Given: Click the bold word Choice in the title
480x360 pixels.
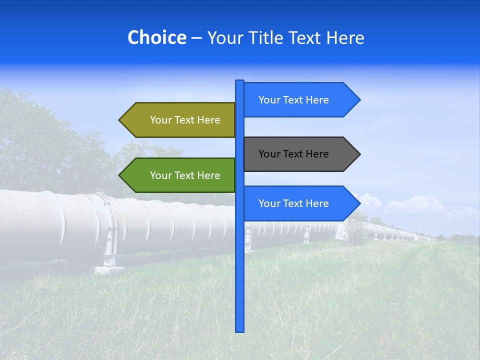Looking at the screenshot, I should point(156,37).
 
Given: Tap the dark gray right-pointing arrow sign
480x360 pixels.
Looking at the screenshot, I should point(300,154).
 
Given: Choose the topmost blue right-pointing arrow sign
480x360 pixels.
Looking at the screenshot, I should point(300,100).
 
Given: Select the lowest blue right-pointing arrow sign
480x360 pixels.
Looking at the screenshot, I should point(300,203).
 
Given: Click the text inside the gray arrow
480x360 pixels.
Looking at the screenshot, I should point(293,154).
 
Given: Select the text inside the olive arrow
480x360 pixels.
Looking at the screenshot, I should point(185,120).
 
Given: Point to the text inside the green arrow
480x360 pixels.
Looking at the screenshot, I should point(185,175).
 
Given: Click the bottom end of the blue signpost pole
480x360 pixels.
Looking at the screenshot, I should point(240,330).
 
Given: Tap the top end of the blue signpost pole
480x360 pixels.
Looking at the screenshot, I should point(240,81).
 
